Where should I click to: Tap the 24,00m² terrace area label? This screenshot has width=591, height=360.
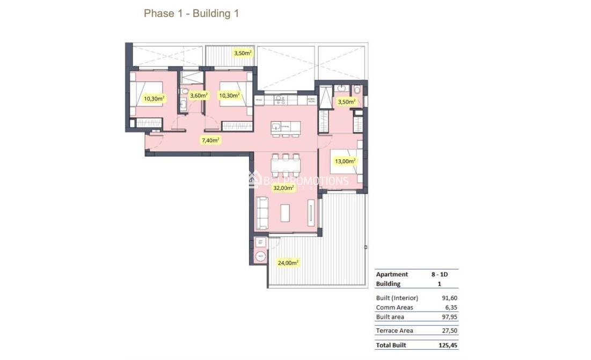[288, 262]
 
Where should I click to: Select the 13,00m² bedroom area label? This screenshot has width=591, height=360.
[345, 160]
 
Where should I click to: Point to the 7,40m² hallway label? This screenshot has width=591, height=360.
[210, 140]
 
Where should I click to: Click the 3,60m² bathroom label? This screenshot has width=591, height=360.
[199, 95]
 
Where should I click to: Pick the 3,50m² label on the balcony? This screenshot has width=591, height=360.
[243, 53]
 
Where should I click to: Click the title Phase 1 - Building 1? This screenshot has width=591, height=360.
[191, 14]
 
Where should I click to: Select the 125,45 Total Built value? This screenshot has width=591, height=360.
[448, 346]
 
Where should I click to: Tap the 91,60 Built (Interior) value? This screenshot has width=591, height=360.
[449, 298]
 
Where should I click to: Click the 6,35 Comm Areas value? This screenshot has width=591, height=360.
[451, 307]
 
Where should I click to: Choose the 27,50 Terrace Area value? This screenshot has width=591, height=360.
[449, 331]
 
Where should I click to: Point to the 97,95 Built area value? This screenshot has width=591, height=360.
[449, 317]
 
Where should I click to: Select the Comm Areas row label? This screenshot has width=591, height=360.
[395, 307]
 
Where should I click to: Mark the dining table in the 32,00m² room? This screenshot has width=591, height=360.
[284, 164]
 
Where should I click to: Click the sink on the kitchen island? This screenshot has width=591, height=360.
[276, 127]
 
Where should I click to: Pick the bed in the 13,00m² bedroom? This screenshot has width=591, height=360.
[344, 161]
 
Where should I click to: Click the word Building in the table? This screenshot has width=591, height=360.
[388, 284]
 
